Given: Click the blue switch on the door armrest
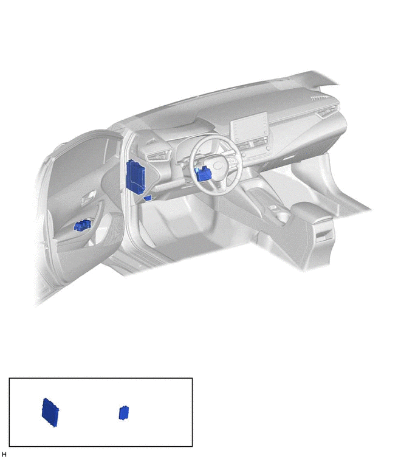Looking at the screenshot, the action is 82,225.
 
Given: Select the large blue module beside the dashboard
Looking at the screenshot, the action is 135,176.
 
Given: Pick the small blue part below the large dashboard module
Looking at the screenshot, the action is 148,198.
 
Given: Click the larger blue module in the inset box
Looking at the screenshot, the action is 50,412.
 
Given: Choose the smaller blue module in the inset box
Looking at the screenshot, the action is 124,413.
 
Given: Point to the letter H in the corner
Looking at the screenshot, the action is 4,454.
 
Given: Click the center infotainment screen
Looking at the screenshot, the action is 249,126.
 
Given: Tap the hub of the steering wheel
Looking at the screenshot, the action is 219,165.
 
